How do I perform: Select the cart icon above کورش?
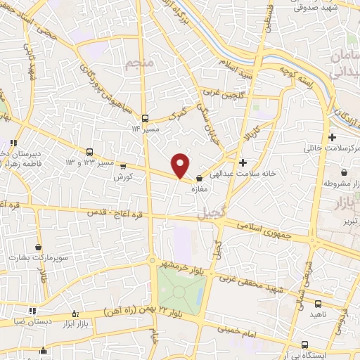pyautogui.click(x=124, y=167)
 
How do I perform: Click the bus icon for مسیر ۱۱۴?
pyautogui.click(x=144, y=118)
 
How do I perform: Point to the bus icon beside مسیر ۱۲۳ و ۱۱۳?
pyautogui.click(x=89, y=152)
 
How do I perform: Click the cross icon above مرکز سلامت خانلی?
pyautogui.click(x=331, y=137)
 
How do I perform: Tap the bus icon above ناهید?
pyautogui.click(x=317, y=304)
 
